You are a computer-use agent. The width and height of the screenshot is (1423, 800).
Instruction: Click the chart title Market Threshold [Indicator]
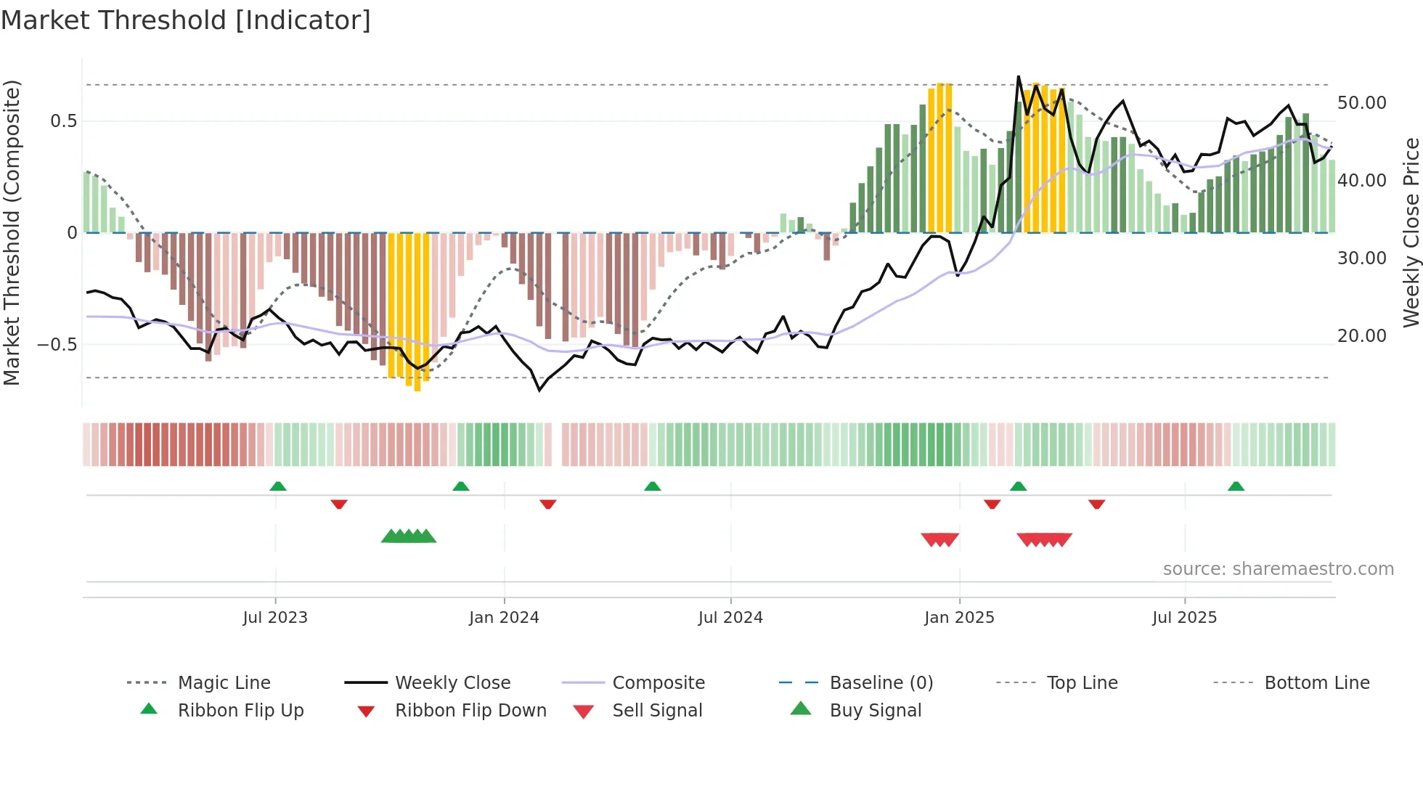(x=186, y=20)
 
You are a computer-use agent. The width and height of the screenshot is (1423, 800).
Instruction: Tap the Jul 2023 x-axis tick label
(x=275, y=618)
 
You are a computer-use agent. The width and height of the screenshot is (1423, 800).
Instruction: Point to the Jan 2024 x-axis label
(x=504, y=618)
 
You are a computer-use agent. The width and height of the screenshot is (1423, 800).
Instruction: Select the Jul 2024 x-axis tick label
(x=730, y=618)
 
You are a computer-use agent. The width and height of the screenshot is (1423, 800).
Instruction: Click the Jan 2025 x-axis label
(x=959, y=618)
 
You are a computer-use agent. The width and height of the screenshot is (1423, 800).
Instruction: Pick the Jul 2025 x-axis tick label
(x=1184, y=618)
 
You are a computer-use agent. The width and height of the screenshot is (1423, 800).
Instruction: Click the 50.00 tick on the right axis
(x=1361, y=103)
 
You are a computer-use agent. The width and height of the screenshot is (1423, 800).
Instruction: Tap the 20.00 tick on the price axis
(x=1361, y=336)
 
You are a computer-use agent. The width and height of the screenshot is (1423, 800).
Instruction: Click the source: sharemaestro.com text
(x=1278, y=569)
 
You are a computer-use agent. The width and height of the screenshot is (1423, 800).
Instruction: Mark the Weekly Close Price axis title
(x=1411, y=232)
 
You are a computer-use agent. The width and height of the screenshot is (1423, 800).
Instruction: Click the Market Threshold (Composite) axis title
(x=12, y=232)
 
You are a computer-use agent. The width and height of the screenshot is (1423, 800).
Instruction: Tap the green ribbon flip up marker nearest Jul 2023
(x=278, y=486)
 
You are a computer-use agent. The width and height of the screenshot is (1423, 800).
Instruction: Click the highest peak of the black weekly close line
(x=1019, y=77)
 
